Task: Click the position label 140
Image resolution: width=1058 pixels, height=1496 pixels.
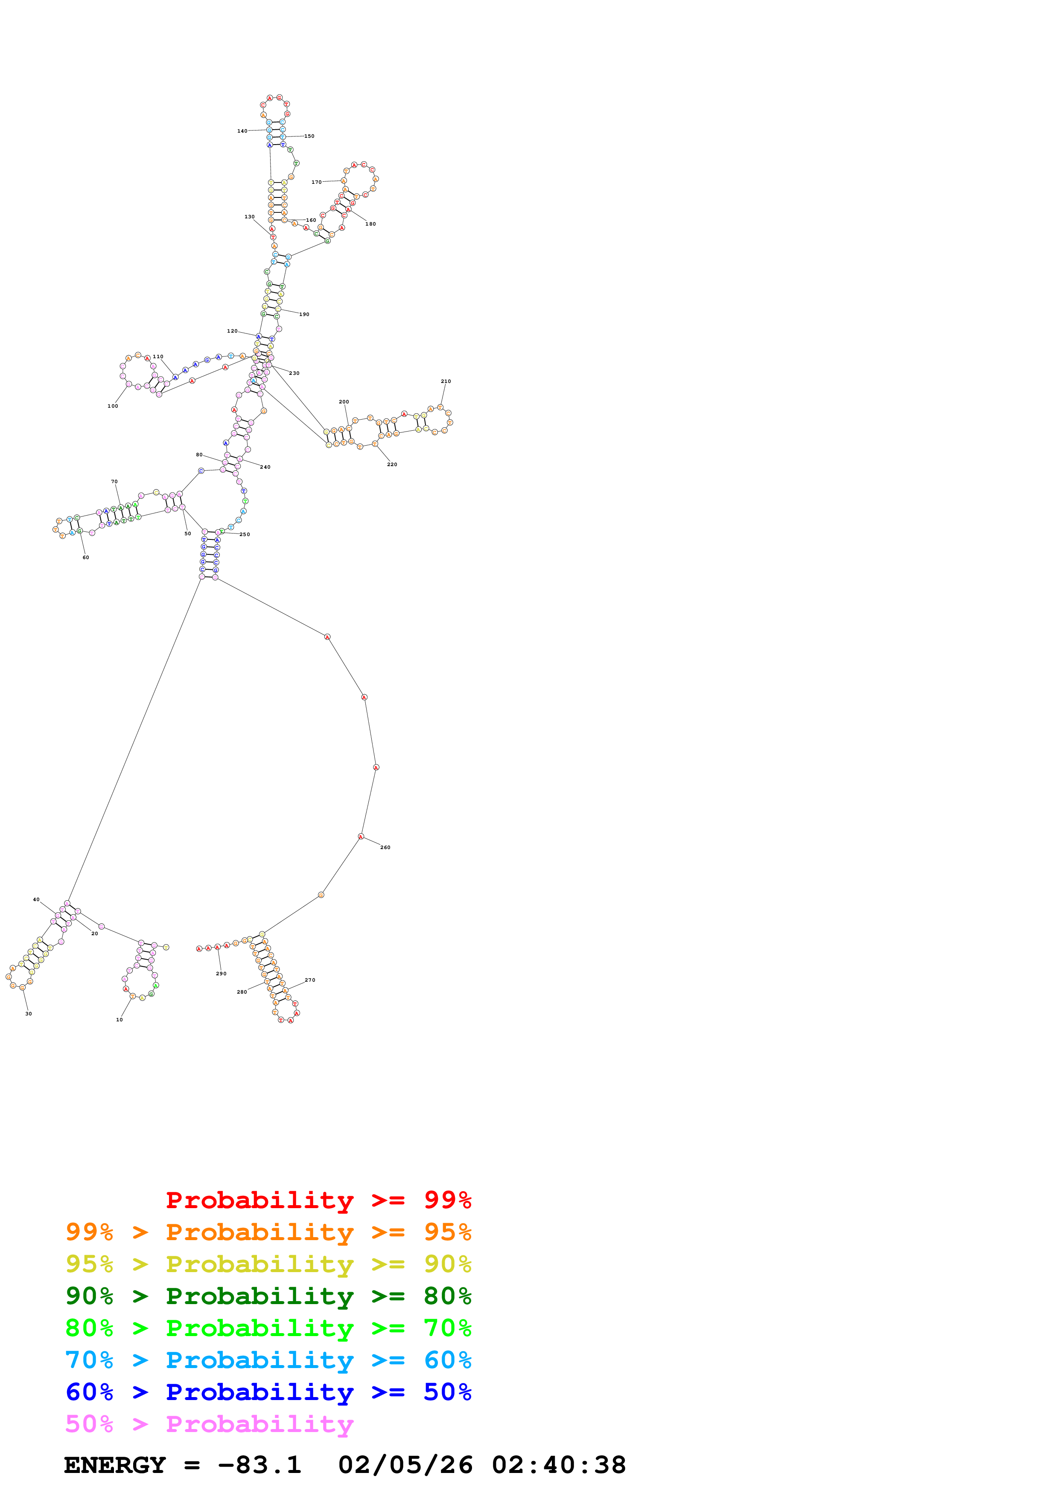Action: (242, 131)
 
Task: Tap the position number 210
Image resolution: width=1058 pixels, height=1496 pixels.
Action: (446, 381)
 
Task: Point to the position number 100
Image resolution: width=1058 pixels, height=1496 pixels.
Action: (113, 406)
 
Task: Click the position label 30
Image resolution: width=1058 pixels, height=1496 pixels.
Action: (29, 1014)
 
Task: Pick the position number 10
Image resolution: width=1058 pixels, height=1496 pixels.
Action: (119, 1020)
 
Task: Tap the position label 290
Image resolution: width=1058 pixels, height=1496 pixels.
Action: (221, 974)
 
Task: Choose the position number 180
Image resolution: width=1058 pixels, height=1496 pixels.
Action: (370, 224)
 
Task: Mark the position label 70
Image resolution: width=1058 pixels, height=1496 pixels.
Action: (114, 481)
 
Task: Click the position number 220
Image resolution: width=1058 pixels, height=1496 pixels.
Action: (392, 464)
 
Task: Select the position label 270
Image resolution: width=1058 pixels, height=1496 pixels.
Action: (310, 980)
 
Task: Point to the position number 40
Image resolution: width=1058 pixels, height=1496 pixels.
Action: (37, 900)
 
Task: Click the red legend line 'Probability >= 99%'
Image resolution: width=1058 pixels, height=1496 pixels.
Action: (318, 1200)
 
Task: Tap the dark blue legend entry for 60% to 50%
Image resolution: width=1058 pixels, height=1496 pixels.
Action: (268, 1392)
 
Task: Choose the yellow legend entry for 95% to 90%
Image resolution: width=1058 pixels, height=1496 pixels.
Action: (268, 1264)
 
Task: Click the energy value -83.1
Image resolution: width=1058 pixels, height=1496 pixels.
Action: (259, 1465)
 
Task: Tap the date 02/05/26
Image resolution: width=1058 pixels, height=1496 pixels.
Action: (405, 1465)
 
